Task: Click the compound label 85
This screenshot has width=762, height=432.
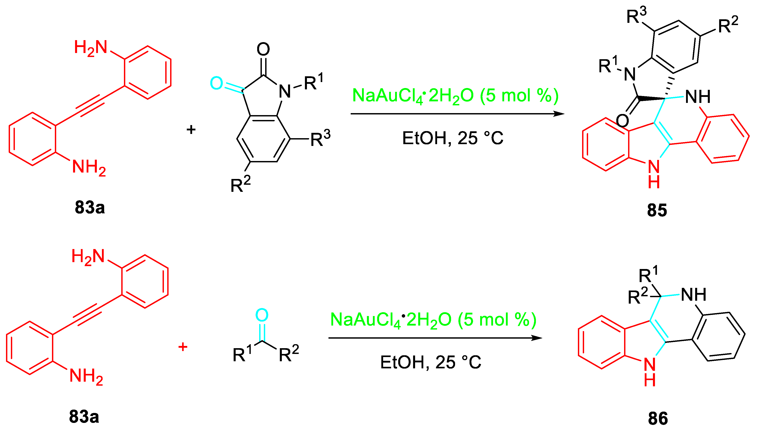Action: tap(657, 210)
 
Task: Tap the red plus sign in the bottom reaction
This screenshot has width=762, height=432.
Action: tap(183, 347)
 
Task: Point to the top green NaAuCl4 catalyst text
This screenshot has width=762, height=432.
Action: tap(455, 96)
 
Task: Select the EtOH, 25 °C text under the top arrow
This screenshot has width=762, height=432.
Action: tap(452, 138)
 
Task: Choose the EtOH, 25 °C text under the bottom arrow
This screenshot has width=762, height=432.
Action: tap(430, 363)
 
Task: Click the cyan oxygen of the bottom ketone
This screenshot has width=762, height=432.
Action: tap(262, 315)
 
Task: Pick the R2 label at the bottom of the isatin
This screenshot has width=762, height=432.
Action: tap(240, 185)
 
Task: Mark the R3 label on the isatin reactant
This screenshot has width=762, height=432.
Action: tap(320, 138)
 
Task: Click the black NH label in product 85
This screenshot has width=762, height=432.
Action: tap(697, 97)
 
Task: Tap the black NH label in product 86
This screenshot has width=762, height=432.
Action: tap(693, 295)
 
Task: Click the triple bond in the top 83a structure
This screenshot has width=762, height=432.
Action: tap(90, 106)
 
